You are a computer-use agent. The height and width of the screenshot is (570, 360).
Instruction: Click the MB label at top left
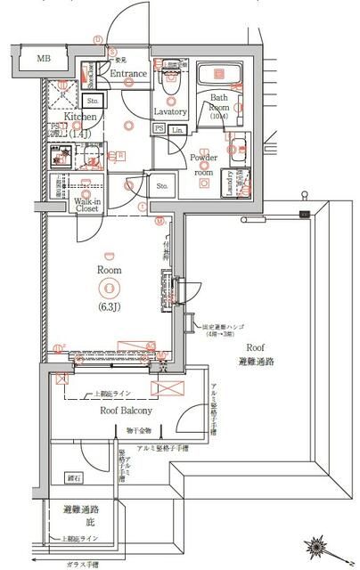[x=44, y=59]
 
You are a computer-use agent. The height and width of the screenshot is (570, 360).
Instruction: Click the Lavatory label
[x=169, y=111]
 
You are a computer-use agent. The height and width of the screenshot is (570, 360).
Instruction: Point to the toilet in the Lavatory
[x=169, y=81]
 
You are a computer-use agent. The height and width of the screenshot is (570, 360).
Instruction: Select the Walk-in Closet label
[x=86, y=207]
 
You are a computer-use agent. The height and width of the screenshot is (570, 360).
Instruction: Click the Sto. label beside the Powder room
[x=162, y=187]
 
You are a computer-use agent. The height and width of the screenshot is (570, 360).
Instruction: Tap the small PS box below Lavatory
[x=160, y=129]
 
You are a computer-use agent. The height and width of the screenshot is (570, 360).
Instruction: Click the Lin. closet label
[x=176, y=129]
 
